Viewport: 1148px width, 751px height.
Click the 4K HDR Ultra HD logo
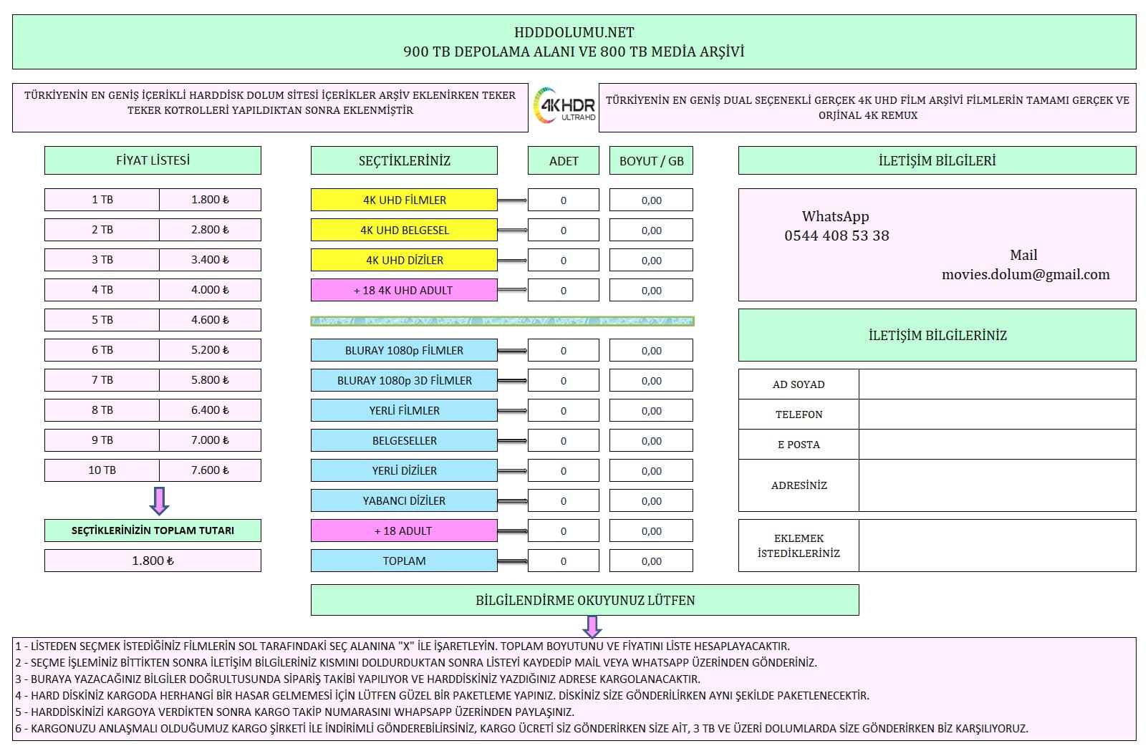coord(564,107)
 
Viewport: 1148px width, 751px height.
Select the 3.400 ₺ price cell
coord(210,260)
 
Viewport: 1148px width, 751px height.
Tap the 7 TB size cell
coord(102,380)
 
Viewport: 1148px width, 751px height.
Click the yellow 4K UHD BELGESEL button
coord(404,230)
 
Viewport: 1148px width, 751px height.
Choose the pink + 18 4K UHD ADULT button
coord(404,290)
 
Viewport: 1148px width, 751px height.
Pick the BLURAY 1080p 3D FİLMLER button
coord(404,380)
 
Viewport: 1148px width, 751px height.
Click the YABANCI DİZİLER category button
coord(404,500)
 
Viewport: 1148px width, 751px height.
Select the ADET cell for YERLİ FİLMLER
coord(563,410)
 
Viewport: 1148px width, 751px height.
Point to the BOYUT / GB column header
coord(651,161)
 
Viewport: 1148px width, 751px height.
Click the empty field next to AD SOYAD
coord(997,384)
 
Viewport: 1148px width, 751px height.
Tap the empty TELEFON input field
coord(997,415)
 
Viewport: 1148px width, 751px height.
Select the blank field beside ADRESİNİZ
coord(997,485)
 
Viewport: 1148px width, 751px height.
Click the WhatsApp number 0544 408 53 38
coord(836,236)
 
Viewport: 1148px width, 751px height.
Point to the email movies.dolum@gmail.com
coord(1026,274)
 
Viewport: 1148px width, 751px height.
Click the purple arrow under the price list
coord(159,500)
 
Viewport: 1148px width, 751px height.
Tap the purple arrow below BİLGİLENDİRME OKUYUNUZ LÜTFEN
coord(592,626)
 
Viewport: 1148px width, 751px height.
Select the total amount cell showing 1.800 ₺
coord(153,561)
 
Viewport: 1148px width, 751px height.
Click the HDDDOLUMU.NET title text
coord(574,32)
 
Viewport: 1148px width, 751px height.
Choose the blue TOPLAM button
coord(404,561)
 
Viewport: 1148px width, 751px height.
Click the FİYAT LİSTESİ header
coord(153,160)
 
